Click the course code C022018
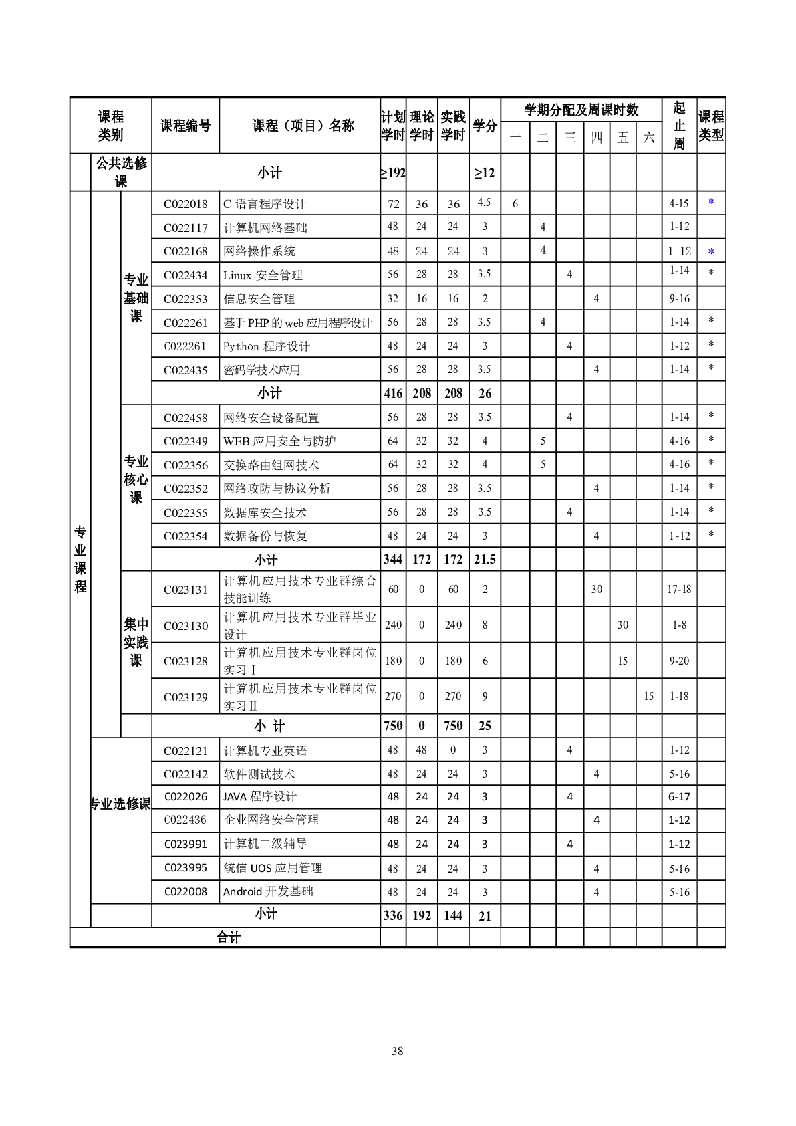185,204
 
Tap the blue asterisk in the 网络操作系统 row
711,252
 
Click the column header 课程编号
185,126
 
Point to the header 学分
485,126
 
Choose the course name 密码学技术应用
261,370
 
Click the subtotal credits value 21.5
485,560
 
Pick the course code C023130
185,626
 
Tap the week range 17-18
679,590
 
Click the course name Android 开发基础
268,892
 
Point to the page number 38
398,1051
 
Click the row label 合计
228,937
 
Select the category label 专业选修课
120,804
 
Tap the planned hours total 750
393,726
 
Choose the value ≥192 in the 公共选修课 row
393,173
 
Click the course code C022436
185,820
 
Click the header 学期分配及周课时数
581,110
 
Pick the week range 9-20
679,661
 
